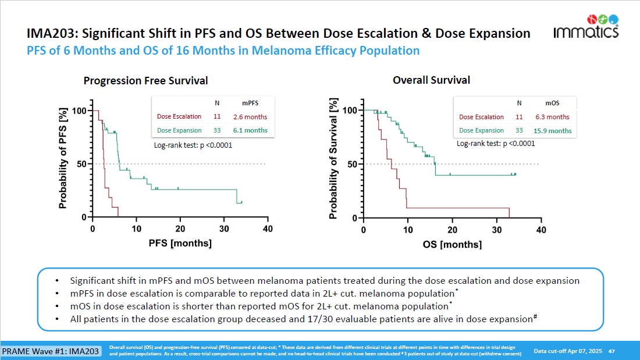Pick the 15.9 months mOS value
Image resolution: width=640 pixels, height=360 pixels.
point(553,131)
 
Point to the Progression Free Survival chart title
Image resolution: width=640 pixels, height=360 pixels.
point(145,81)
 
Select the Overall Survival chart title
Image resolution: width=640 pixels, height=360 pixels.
point(432,80)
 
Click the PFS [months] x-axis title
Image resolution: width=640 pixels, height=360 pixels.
point(180,243)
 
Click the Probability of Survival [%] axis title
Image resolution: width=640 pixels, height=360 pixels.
point(333,161)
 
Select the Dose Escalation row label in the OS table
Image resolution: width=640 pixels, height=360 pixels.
point(482,117)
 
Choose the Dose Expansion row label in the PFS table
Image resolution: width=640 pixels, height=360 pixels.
point(179,131)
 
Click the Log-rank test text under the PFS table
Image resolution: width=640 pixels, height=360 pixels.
point(193,145)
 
